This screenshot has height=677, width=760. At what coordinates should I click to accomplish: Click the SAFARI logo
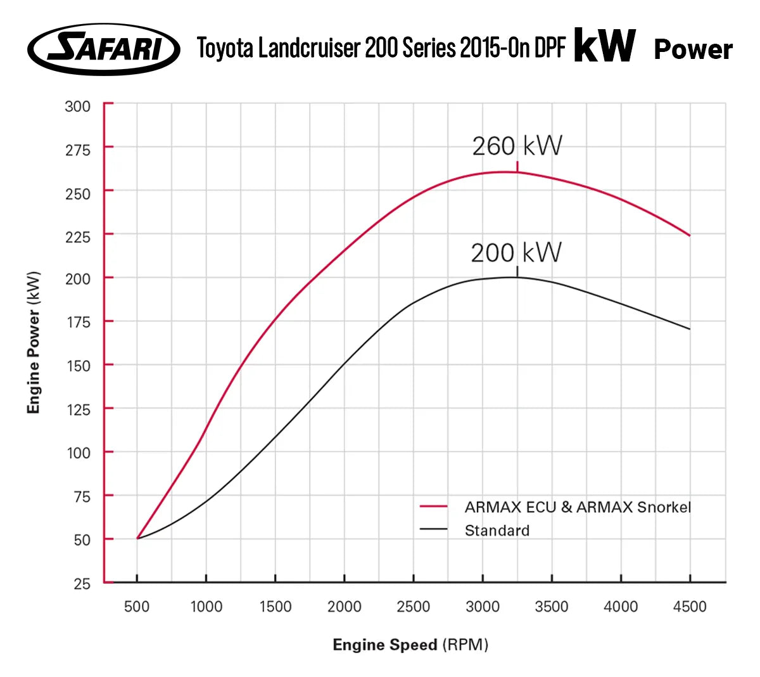click(104, 49)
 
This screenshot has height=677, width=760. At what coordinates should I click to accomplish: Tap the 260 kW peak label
click(517, 146)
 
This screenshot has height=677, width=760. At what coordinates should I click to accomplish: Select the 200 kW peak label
click(516, 253)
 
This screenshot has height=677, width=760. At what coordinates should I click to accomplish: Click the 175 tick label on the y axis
click(78, 322)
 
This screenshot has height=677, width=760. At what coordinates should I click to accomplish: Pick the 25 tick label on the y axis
click(82, 584)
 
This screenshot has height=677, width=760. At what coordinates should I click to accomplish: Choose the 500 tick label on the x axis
click(137, 607)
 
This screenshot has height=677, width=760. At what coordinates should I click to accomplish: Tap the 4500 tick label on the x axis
click(690, 607)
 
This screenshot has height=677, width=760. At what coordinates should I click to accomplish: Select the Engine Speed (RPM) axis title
click(410, 645)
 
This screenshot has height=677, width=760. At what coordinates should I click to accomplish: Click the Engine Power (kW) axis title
click(34, 342)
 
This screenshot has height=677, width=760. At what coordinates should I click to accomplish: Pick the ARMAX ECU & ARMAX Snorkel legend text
click(578, 507)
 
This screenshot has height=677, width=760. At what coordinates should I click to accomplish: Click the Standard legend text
click(497, 531)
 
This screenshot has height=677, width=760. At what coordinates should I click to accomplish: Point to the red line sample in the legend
click(434, 506)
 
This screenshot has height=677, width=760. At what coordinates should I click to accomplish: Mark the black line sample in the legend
click(434, 529)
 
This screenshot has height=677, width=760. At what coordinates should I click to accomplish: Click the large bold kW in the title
click(604, 46)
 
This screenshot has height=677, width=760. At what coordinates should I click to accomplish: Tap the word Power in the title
click(693, 49)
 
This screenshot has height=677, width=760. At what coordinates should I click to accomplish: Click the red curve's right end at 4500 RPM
click(690, 235)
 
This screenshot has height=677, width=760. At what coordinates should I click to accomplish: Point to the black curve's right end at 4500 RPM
click(690, 329)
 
